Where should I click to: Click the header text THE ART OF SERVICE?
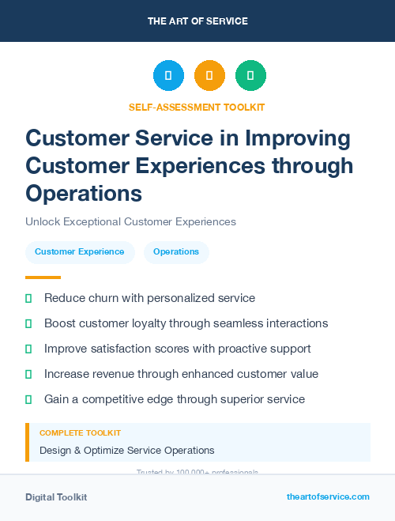click(197, 21)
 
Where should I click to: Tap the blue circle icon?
click(168, 76)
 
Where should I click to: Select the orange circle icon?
click(209, 76)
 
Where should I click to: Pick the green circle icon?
click(250, 76)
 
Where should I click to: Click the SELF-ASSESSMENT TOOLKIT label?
click(197, 107)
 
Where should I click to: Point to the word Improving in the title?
click(299, 138)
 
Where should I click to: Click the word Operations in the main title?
click(84, 193)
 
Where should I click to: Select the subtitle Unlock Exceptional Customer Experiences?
click(130, 222)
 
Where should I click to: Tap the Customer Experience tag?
click(79, 252)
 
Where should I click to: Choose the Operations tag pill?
click(176, 252)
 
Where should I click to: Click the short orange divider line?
click(43, 277)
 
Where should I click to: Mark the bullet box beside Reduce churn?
click(28, 298)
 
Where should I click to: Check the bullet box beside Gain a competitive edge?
click(28, 399)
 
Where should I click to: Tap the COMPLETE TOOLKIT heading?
click(80, 433)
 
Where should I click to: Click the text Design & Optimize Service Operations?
click(127, 451)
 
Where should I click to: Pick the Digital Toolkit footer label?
click(56, 497)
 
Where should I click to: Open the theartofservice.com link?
click(328, 497)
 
